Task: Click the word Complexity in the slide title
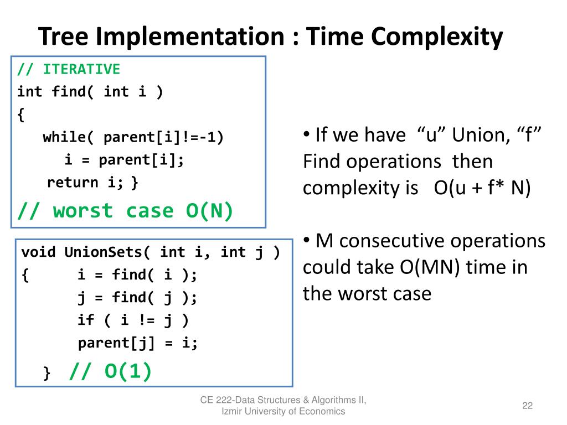click(x=437, y=37)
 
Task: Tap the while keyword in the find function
click(x=64, y=137)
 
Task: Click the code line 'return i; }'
click(x=92, y=183)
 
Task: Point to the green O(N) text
click(x=209, y=211)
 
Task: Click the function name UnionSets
click(x=103, y=252)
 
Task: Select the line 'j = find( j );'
click(x=137, y=298)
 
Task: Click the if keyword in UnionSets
click(x=86, y=320)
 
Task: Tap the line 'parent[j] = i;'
click(x=138, y=343)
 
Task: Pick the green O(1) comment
click(x=110, y=371)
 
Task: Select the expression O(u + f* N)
click(x=482, y=188)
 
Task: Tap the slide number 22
click(x=528, y=406)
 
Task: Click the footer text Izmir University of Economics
click(x=283, y=411)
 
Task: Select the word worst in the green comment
click(x=83, y=211)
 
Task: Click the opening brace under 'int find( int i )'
click(x=21, y=115)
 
